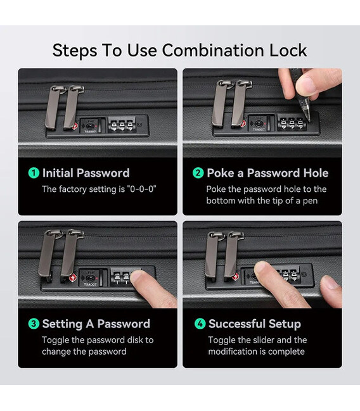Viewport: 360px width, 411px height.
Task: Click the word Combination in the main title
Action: (x=212, y=50)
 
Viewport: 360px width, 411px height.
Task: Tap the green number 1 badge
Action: (x=34, y=173)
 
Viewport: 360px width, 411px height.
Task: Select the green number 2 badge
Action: (x=198, y=173)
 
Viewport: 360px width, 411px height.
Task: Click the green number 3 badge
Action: (x=34, y=324)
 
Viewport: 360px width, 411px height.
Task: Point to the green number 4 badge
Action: (x=200, y=324)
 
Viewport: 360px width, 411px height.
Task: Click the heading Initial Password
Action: (x=86, y=173)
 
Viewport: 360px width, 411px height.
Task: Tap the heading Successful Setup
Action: (x=255, y=324)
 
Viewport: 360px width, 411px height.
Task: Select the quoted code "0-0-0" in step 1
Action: (x=141, y=189)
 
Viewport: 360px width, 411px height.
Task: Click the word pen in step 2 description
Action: (x=310, y=201)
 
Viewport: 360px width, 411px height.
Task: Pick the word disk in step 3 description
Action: (x=135, y=340)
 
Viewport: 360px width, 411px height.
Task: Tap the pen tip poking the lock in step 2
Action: (x=310, y=121)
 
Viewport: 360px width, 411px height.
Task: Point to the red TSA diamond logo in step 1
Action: (x=75, y=127)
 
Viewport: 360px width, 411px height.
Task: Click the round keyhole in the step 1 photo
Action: (x=90, y=126)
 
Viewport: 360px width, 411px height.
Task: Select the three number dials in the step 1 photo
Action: (x=122, y=125)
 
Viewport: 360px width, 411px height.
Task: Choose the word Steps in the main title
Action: (x=75, y=51)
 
